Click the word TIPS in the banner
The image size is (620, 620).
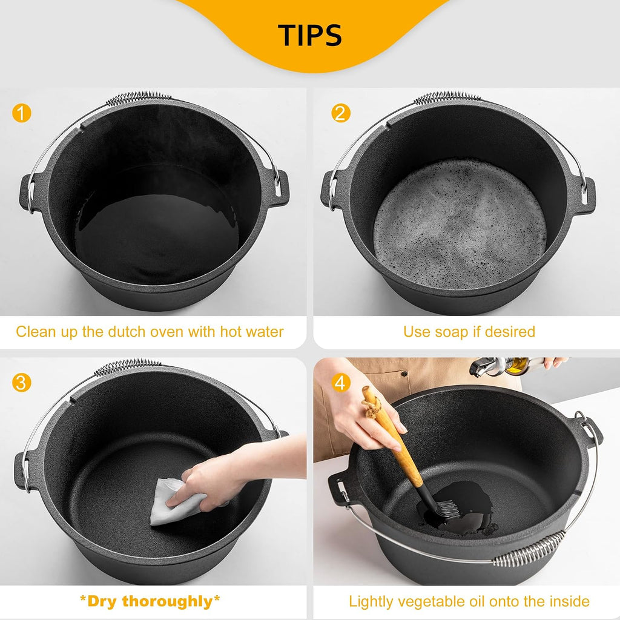pyautogui.click(x=309, y=35)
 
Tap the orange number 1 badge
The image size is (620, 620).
pyautogui.click(x=22, y=113)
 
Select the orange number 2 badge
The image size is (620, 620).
pyautogui.click(x=340, y=113)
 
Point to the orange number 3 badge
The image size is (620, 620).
pyautogui.click(x=21, y=383)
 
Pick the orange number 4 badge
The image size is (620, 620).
pyautogui.click(x=341, y=383)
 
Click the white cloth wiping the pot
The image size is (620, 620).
pyautogui.click(x=174, y=501)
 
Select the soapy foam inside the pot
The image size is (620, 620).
pyautogui.click(x=460, y=223)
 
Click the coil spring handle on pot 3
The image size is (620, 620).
pyautogui.click(x=127, y=366)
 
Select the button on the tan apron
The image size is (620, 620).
pyautogui.click(x=404, y=373)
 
